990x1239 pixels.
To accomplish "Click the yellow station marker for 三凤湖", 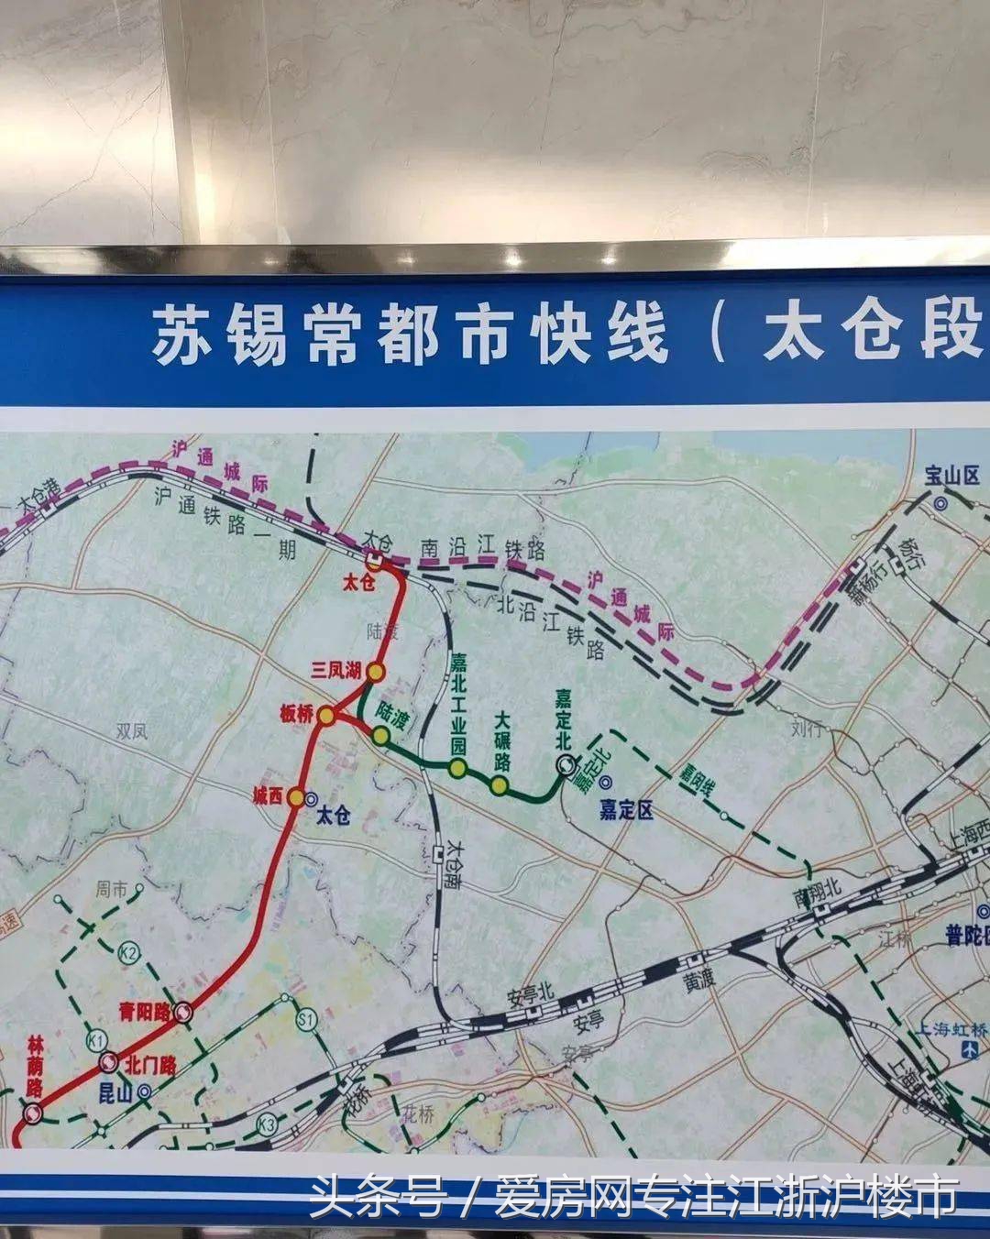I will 375,672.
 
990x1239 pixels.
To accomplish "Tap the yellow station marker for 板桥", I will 326,718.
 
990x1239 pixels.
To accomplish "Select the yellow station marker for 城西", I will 296,797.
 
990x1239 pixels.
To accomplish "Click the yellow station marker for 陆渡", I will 380,734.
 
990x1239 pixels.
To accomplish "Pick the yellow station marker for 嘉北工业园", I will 458,768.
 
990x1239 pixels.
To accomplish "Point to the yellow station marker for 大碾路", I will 499,785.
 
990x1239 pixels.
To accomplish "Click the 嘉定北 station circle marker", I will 565,763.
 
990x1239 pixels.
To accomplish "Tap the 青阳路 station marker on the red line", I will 184,1013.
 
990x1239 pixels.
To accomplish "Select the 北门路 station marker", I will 107,1063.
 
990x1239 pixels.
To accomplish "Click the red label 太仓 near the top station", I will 358,583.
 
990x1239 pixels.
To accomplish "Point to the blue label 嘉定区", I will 626,810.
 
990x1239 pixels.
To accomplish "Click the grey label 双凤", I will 132,731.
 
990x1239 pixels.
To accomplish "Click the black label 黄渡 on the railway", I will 698,981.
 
